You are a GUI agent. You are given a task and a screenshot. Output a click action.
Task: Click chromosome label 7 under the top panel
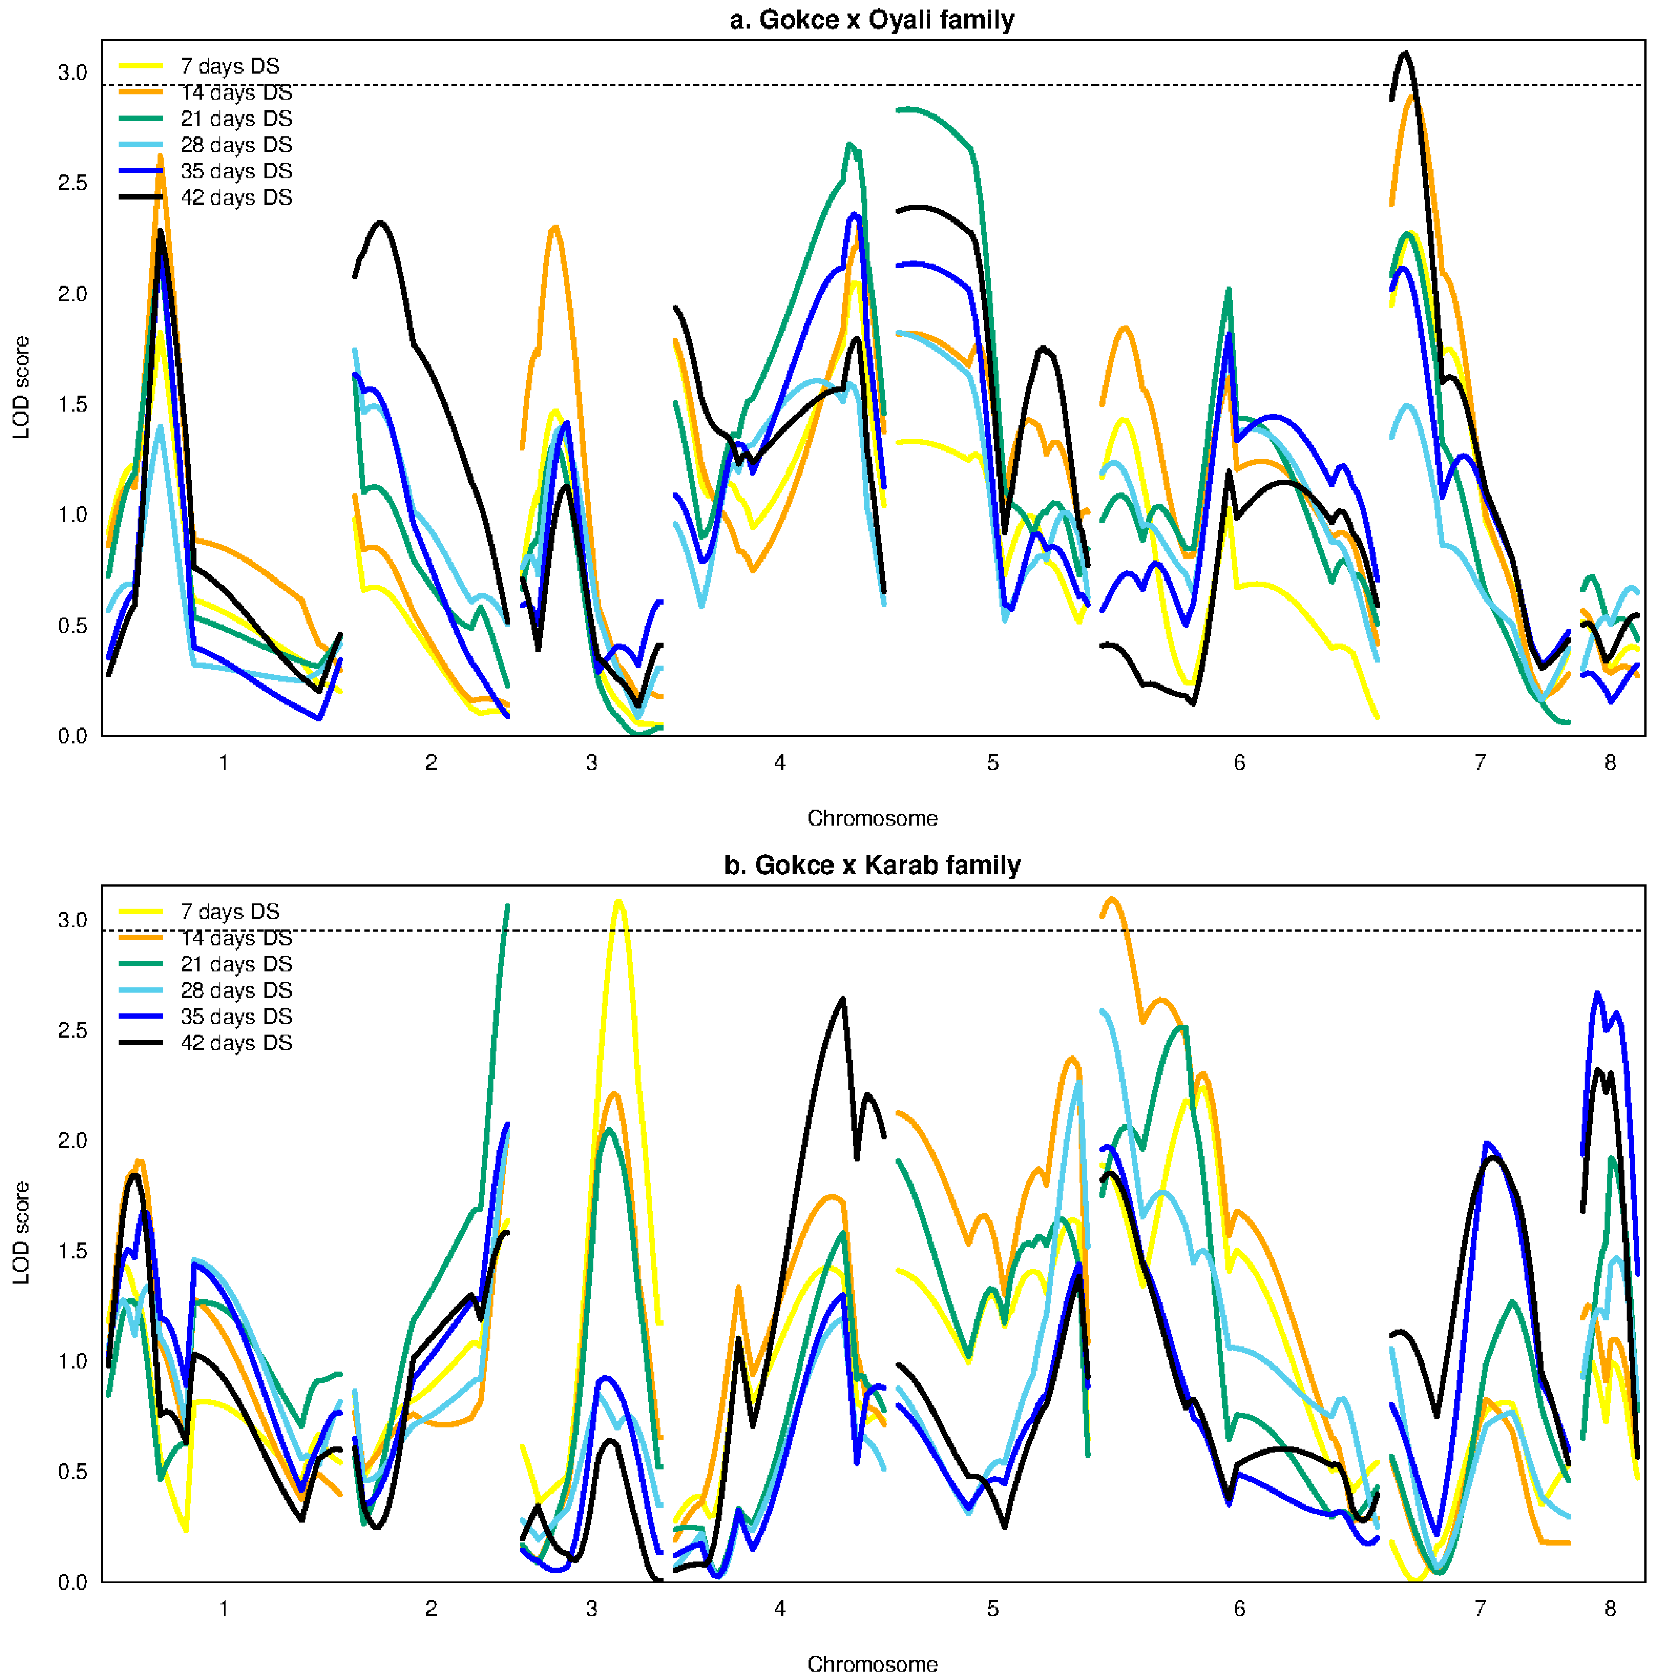coord(1479,762)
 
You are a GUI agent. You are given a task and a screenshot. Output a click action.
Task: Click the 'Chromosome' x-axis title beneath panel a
coord(872,818)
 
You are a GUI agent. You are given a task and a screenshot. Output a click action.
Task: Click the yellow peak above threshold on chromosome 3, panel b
coord(618,901)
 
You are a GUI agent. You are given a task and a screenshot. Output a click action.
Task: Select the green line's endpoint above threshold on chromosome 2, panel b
coord(508,906)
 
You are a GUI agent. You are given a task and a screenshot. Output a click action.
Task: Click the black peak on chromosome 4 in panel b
coord(843,998)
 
